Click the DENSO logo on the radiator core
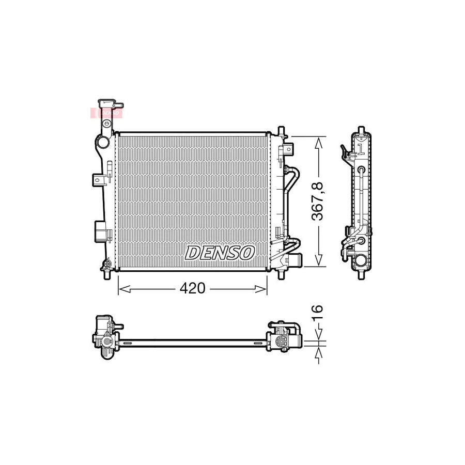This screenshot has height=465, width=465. click(x=220, y=253)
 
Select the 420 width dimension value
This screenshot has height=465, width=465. click(x=193, y=288)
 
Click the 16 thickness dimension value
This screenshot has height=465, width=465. click(x=318, y=311)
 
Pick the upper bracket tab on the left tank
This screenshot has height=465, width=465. click(x=99, y=179)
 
